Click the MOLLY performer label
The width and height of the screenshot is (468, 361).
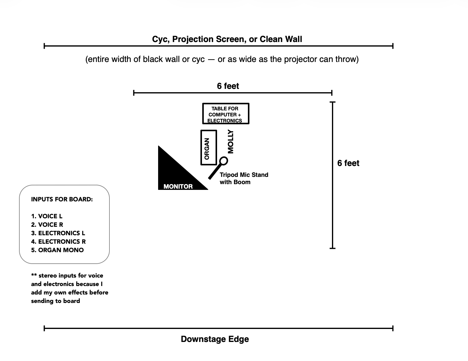[x=230, y=141]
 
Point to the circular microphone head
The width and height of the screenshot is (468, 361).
[x=223, y=161]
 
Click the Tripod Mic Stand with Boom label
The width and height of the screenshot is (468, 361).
[x=244, y=178]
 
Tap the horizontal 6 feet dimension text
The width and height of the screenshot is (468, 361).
[x=228, y=86]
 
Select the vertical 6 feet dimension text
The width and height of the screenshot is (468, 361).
[x=348, y=163]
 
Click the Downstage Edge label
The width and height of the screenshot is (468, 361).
[x=215, y=339]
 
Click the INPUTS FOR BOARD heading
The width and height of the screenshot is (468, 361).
[x=62, y=199]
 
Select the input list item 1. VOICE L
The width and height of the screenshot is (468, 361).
[x=47, y=216]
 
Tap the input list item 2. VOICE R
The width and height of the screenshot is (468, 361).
[x=47, y=225]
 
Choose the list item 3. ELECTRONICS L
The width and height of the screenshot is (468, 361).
[x=58, y=233]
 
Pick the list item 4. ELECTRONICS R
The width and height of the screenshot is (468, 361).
[x=58, y=242]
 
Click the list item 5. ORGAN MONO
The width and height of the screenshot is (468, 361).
[x=57, y=250]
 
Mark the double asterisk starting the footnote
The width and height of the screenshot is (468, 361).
[x=34, y=275]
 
